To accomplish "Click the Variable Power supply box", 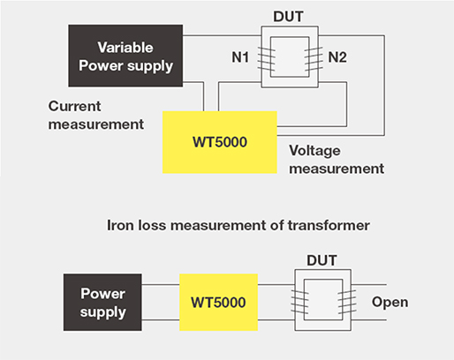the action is pos(125,56).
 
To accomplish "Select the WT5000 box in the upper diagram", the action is pos(220,142).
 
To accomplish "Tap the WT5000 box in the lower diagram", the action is pos(218,303).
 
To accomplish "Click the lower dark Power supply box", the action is pos(102,303).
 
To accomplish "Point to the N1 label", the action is pos(240,57).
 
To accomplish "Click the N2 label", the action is pos(337,57).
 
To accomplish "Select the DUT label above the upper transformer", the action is pos(288,17).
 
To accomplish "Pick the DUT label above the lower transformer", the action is pos(322,260).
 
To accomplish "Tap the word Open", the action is pos(390,303).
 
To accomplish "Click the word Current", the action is pos(74,106).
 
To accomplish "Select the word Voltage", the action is pos(314,151).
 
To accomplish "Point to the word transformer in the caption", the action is pos(329,226).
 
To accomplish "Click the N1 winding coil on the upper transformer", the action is pos(267,59).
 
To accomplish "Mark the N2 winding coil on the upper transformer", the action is pos(314,59).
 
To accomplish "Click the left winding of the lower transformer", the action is pos(299,302).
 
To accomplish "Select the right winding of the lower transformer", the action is pos(347,302).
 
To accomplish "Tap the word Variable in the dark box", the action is pos(125,48).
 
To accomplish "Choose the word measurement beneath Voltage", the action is pos(337,169).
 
